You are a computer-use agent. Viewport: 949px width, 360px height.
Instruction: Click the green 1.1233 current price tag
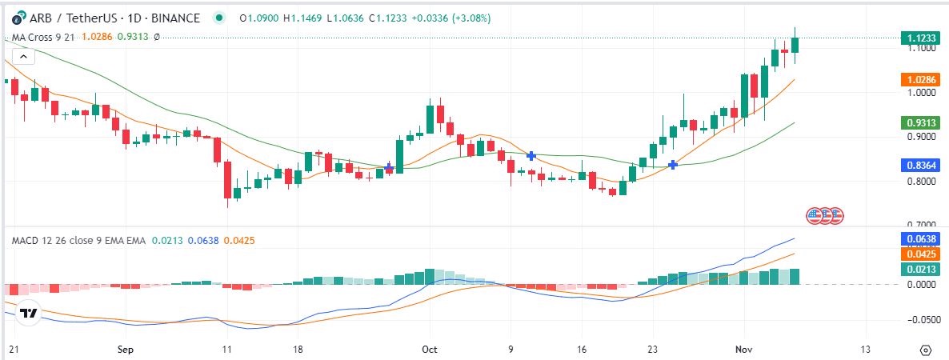coord(922,38)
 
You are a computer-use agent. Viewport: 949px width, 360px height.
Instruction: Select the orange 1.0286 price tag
coord(922,80)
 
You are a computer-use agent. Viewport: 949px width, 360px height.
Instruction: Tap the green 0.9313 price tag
coord(922,122)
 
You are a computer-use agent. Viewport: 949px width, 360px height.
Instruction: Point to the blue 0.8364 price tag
coord(922,166)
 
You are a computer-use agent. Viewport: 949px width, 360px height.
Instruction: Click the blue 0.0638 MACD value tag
coord(922,238)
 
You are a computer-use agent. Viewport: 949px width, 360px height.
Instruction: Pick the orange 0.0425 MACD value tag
coord(922,254)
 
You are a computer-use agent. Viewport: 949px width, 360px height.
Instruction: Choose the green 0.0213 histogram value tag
coord(922,270)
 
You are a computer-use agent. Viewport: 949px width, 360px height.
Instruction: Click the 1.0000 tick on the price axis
coord(921,93)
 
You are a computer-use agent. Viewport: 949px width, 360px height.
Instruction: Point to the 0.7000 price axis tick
coord(921,225)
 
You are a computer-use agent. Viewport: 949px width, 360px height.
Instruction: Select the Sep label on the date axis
coord(124,350)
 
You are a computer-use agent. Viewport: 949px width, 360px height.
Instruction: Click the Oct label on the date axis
coord(430,350)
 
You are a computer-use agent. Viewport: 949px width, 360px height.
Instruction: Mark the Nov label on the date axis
coord(745,350)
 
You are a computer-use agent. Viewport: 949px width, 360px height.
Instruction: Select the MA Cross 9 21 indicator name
coord(39,37)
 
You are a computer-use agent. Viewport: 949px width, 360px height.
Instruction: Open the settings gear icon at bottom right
coord(926,350)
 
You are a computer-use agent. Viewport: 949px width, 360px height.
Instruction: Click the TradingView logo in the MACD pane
coord(29,314)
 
